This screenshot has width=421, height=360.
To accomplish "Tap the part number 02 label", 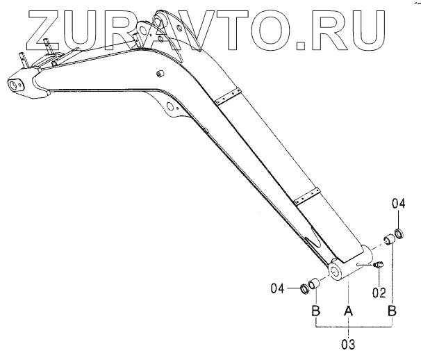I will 379,293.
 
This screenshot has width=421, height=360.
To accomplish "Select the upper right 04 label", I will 398,204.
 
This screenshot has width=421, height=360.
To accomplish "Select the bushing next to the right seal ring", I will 390,240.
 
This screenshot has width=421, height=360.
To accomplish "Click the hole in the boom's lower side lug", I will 169,106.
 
